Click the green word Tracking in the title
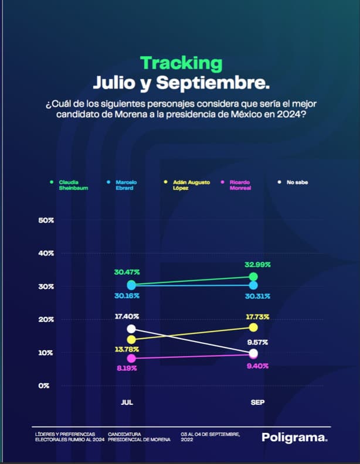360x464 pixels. [181, 63]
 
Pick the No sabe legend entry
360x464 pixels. [297, 182]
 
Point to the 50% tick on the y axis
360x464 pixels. [46, 220]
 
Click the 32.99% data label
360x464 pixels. [257, 265]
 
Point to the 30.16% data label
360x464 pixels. [127, 296]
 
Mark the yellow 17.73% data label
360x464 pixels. [257, 317]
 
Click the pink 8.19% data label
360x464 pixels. [127, 370]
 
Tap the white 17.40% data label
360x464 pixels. [127, 316]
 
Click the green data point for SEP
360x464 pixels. [253, 277]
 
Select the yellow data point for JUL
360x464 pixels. [131, 340]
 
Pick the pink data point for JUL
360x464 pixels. [131, 358]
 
